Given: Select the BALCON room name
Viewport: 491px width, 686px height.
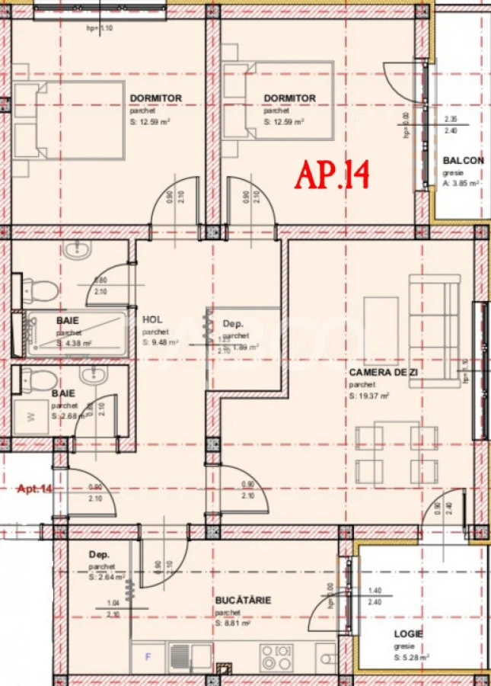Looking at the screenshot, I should (x=463, y=160).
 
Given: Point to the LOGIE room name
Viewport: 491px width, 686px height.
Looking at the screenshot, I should (x=408, y=633).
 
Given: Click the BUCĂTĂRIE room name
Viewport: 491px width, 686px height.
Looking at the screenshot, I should (x=243, y=601).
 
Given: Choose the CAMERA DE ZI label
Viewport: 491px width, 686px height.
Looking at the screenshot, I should (x=384, y=373).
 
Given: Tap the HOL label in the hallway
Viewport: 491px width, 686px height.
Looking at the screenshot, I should (x=152, y=320).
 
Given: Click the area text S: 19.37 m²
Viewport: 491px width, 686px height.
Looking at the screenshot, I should (x=369, y=396).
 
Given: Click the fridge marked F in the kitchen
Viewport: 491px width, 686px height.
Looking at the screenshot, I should (x=148, y=656).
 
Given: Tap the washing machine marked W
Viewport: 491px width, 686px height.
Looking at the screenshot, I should (x=31, y=416).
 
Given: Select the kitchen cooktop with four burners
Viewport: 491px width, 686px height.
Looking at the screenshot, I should (x=276, y=656).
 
